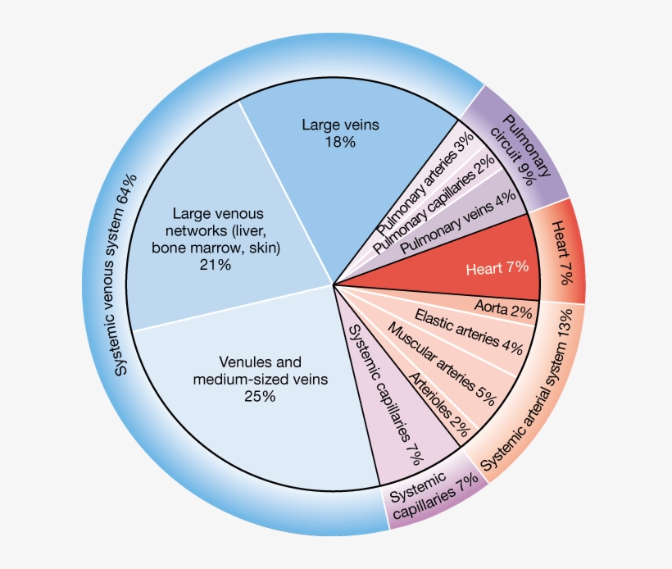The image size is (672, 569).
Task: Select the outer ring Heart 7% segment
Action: coord(562,253)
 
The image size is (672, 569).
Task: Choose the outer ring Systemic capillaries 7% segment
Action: coord(433,498)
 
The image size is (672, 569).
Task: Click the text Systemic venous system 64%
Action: coord(126,275)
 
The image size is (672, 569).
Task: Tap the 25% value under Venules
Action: coord(260,396)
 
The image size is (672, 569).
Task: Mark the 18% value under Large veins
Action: coord(340,142)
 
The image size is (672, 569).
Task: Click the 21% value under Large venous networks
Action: coord(216,265)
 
